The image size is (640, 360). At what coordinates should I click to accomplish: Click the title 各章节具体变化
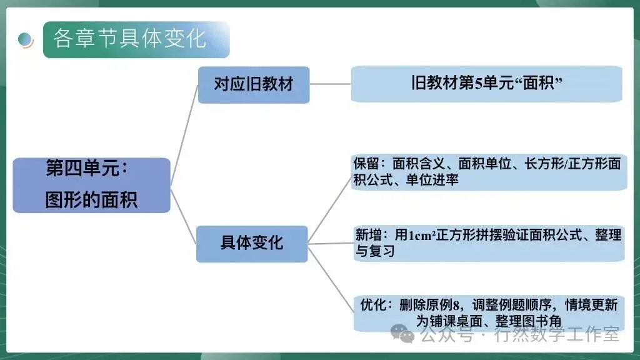[129, 38]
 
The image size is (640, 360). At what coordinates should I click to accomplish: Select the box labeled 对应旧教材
[253, 84]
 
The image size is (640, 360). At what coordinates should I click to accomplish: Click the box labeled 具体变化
[252, 243]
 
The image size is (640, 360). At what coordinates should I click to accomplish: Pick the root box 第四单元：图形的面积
[91, 185]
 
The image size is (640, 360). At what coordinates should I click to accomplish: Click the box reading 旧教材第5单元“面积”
[486, 84]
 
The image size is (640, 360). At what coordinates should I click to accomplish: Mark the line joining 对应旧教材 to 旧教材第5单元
[330, 84]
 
